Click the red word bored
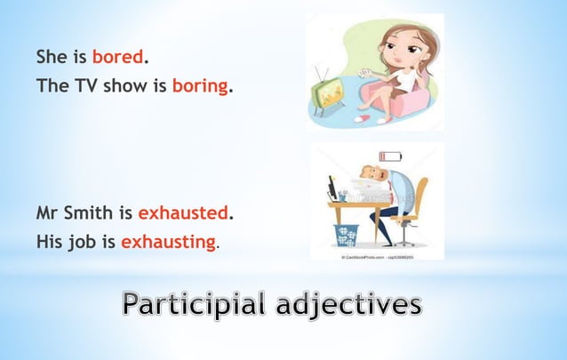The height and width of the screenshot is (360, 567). [x=116, y=58]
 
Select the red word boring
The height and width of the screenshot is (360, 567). [x=200, y=87]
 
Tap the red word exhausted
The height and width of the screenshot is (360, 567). [x=183, y=213]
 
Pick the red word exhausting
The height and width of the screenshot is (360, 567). [x=168, y=241]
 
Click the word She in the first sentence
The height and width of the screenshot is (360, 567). [x=52, y=58]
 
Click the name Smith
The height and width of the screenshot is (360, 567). [x=90, y=213]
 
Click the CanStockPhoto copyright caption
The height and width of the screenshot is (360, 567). [x=377, y=254]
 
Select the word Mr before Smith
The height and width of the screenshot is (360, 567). [x=49, y=213]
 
